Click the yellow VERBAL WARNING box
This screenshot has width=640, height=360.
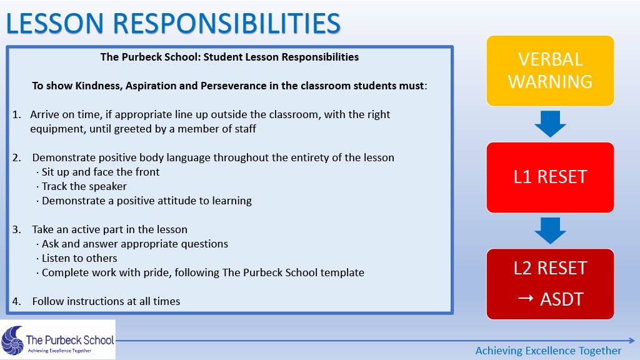550,71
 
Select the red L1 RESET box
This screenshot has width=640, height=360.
550,177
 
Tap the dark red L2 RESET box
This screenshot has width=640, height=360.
550,284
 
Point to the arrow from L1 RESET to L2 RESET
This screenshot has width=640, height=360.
550,231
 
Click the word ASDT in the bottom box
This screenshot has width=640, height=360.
562,299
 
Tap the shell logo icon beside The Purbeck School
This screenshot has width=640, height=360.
12,340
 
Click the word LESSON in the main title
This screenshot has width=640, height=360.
55,23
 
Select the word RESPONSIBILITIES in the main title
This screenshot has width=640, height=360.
226,23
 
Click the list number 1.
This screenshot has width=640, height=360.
16,115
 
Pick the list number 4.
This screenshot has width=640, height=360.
16,302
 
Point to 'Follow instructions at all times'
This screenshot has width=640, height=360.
106,301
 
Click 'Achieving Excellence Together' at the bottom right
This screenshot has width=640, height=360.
548,351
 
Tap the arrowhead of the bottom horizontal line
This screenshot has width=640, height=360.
632,341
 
